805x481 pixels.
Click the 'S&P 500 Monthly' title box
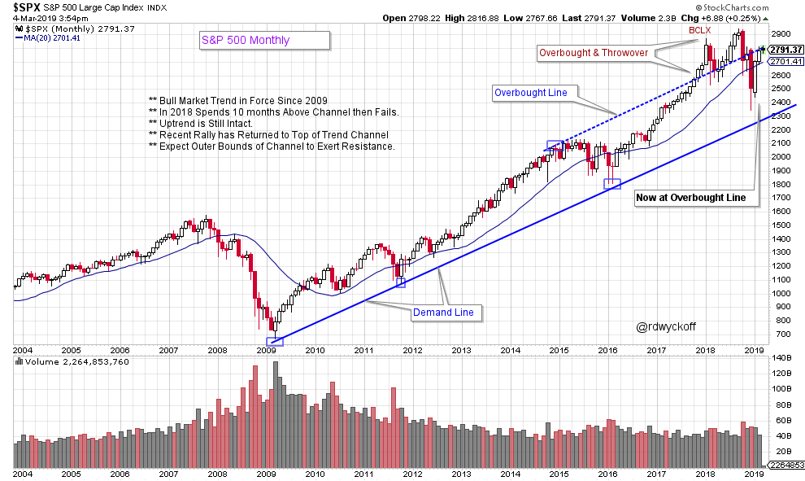point(265,40)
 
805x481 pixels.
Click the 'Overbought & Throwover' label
point(595,53)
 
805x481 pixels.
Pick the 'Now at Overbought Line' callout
point(696,197)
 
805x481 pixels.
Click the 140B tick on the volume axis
point(782,358)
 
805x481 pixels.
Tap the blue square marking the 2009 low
point(275,342)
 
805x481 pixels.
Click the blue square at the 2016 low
point(612,185)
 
